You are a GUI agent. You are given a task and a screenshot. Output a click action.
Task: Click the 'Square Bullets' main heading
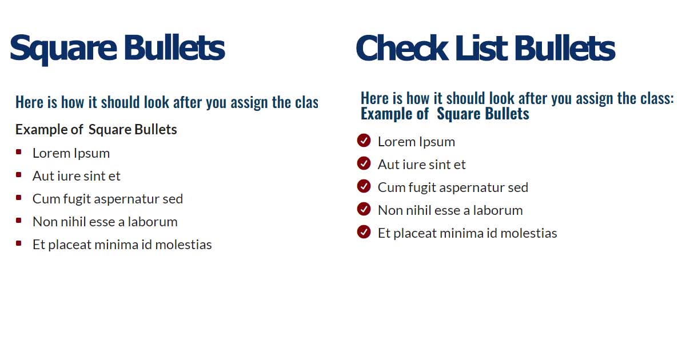pyautogui.click(x=117, y=48)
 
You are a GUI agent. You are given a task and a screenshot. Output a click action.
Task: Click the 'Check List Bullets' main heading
pyautogui.click(x=485, y=48)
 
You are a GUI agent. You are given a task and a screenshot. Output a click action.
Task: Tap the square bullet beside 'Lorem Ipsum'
pyautogui.click(x=19, y=152)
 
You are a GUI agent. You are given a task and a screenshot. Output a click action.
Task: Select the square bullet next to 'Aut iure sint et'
pyautogui.click(x=19, y=175)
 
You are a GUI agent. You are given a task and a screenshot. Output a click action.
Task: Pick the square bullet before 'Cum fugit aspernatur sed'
pyautogui.click(x=19, y=198)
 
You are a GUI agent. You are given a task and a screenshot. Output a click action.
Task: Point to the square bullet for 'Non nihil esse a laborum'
pyautogui.click(x=19, y=221)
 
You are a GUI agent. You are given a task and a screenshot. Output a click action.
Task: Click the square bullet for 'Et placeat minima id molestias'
pyautogui.click(x=19, y=243)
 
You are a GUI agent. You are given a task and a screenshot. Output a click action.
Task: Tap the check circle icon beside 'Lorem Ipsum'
pyautogui.click(x=364, y=141)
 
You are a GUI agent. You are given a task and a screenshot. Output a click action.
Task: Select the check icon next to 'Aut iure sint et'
pyautogui.click(x=364, y=163)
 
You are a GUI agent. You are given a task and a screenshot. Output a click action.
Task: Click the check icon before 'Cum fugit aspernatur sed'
pyautogui.click(x=364, y=186)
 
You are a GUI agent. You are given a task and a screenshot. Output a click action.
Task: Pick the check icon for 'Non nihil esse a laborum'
pyautogui.click(x=364, y=209)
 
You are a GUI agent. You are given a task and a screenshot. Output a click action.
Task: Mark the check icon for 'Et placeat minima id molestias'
pyautogui.click(x=364, y=232)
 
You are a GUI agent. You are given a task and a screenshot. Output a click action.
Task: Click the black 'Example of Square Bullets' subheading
pyautogui.click(x=96, y=130)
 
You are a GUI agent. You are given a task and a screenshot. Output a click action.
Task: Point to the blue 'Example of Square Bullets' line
pyautogui.click(x=445, y=114)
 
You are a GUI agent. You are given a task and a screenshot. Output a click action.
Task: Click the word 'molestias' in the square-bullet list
pyautogui.click(x=184, y=245)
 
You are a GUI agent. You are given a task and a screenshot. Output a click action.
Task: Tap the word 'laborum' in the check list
pyautogui.click(x=498, y=210)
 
